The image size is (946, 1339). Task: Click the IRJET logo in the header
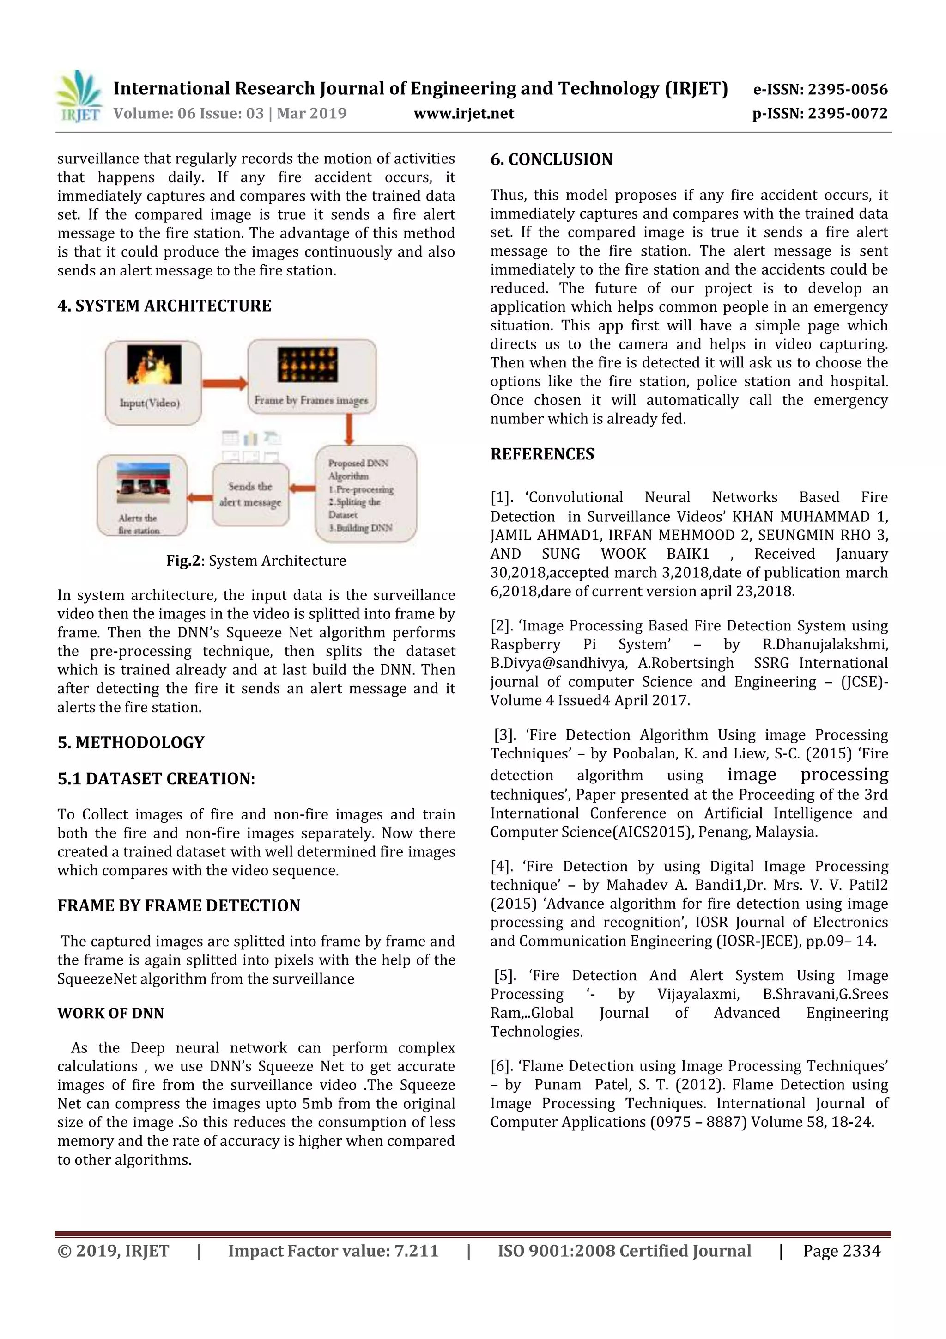[79, 97]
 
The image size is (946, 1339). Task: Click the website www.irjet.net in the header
[463, 113]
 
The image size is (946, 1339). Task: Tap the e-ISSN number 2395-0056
[848, 89]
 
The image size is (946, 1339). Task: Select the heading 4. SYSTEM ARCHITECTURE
[164, 306]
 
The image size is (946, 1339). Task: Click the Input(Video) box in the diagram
[153, 383]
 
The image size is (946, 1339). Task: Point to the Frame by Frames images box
[311, 377]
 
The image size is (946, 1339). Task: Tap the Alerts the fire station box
[142, 495]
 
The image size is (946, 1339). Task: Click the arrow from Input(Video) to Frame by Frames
[224, 383]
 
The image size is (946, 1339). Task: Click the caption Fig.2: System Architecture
[256, 561]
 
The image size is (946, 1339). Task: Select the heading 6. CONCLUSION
[551, 159]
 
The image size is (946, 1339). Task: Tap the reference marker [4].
[501, 866]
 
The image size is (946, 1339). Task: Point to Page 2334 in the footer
[841, 1250]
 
